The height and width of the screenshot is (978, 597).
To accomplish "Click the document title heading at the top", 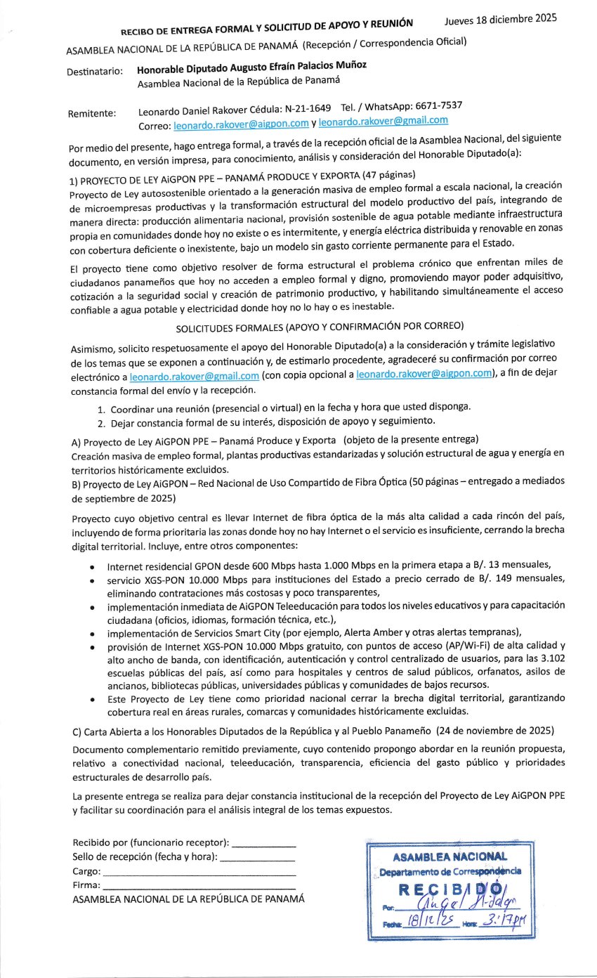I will coord(267,27).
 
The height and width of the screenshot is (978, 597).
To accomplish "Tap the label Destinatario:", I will coord(96,72).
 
